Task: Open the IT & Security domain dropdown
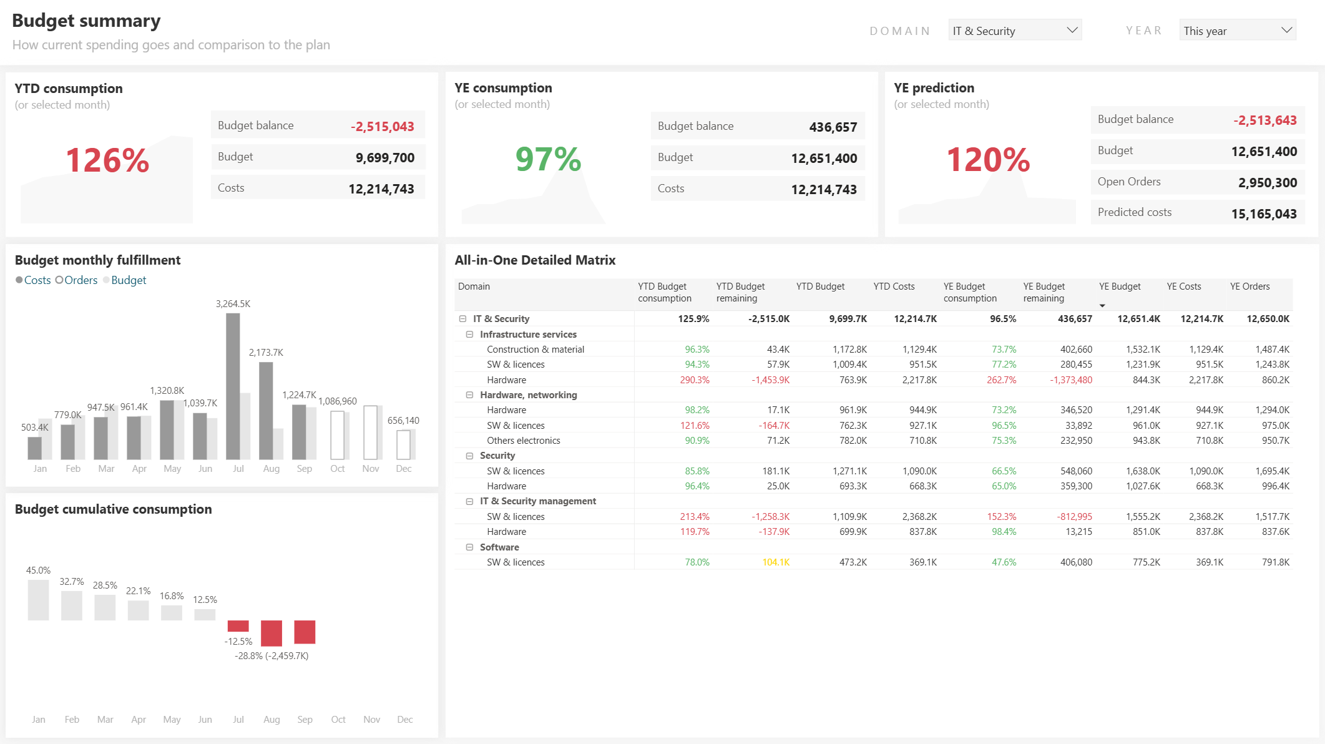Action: click(x=1015, y=31)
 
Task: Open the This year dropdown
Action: click(x=1237, y=31)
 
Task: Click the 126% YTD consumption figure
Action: click(x=107, y=160)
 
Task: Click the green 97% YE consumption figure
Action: click(x=548, y=159)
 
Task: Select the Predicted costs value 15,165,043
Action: click(x=1263, y=214)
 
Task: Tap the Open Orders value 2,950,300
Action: click(x=1267, y=183)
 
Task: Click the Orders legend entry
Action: click(x=77, y=280)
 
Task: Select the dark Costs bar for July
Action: click(x=233, y=387)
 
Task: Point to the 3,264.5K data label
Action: click(x=233, y=304)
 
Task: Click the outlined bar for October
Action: click(x=337, y=435)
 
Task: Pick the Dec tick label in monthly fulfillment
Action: click(x=404, y=469)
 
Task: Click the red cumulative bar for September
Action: click(x=305, y=632)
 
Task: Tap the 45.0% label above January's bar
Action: click(x=38, y=570)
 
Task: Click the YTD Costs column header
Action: click(x=894, y=286)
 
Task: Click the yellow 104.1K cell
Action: click(x=775, y=562)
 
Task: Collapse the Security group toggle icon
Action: click(x=469, y=456)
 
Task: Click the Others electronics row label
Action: click(x=523, y=441)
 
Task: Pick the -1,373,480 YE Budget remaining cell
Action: click(x=1070, y=380)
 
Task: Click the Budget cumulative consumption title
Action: click(x=113, y=509)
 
